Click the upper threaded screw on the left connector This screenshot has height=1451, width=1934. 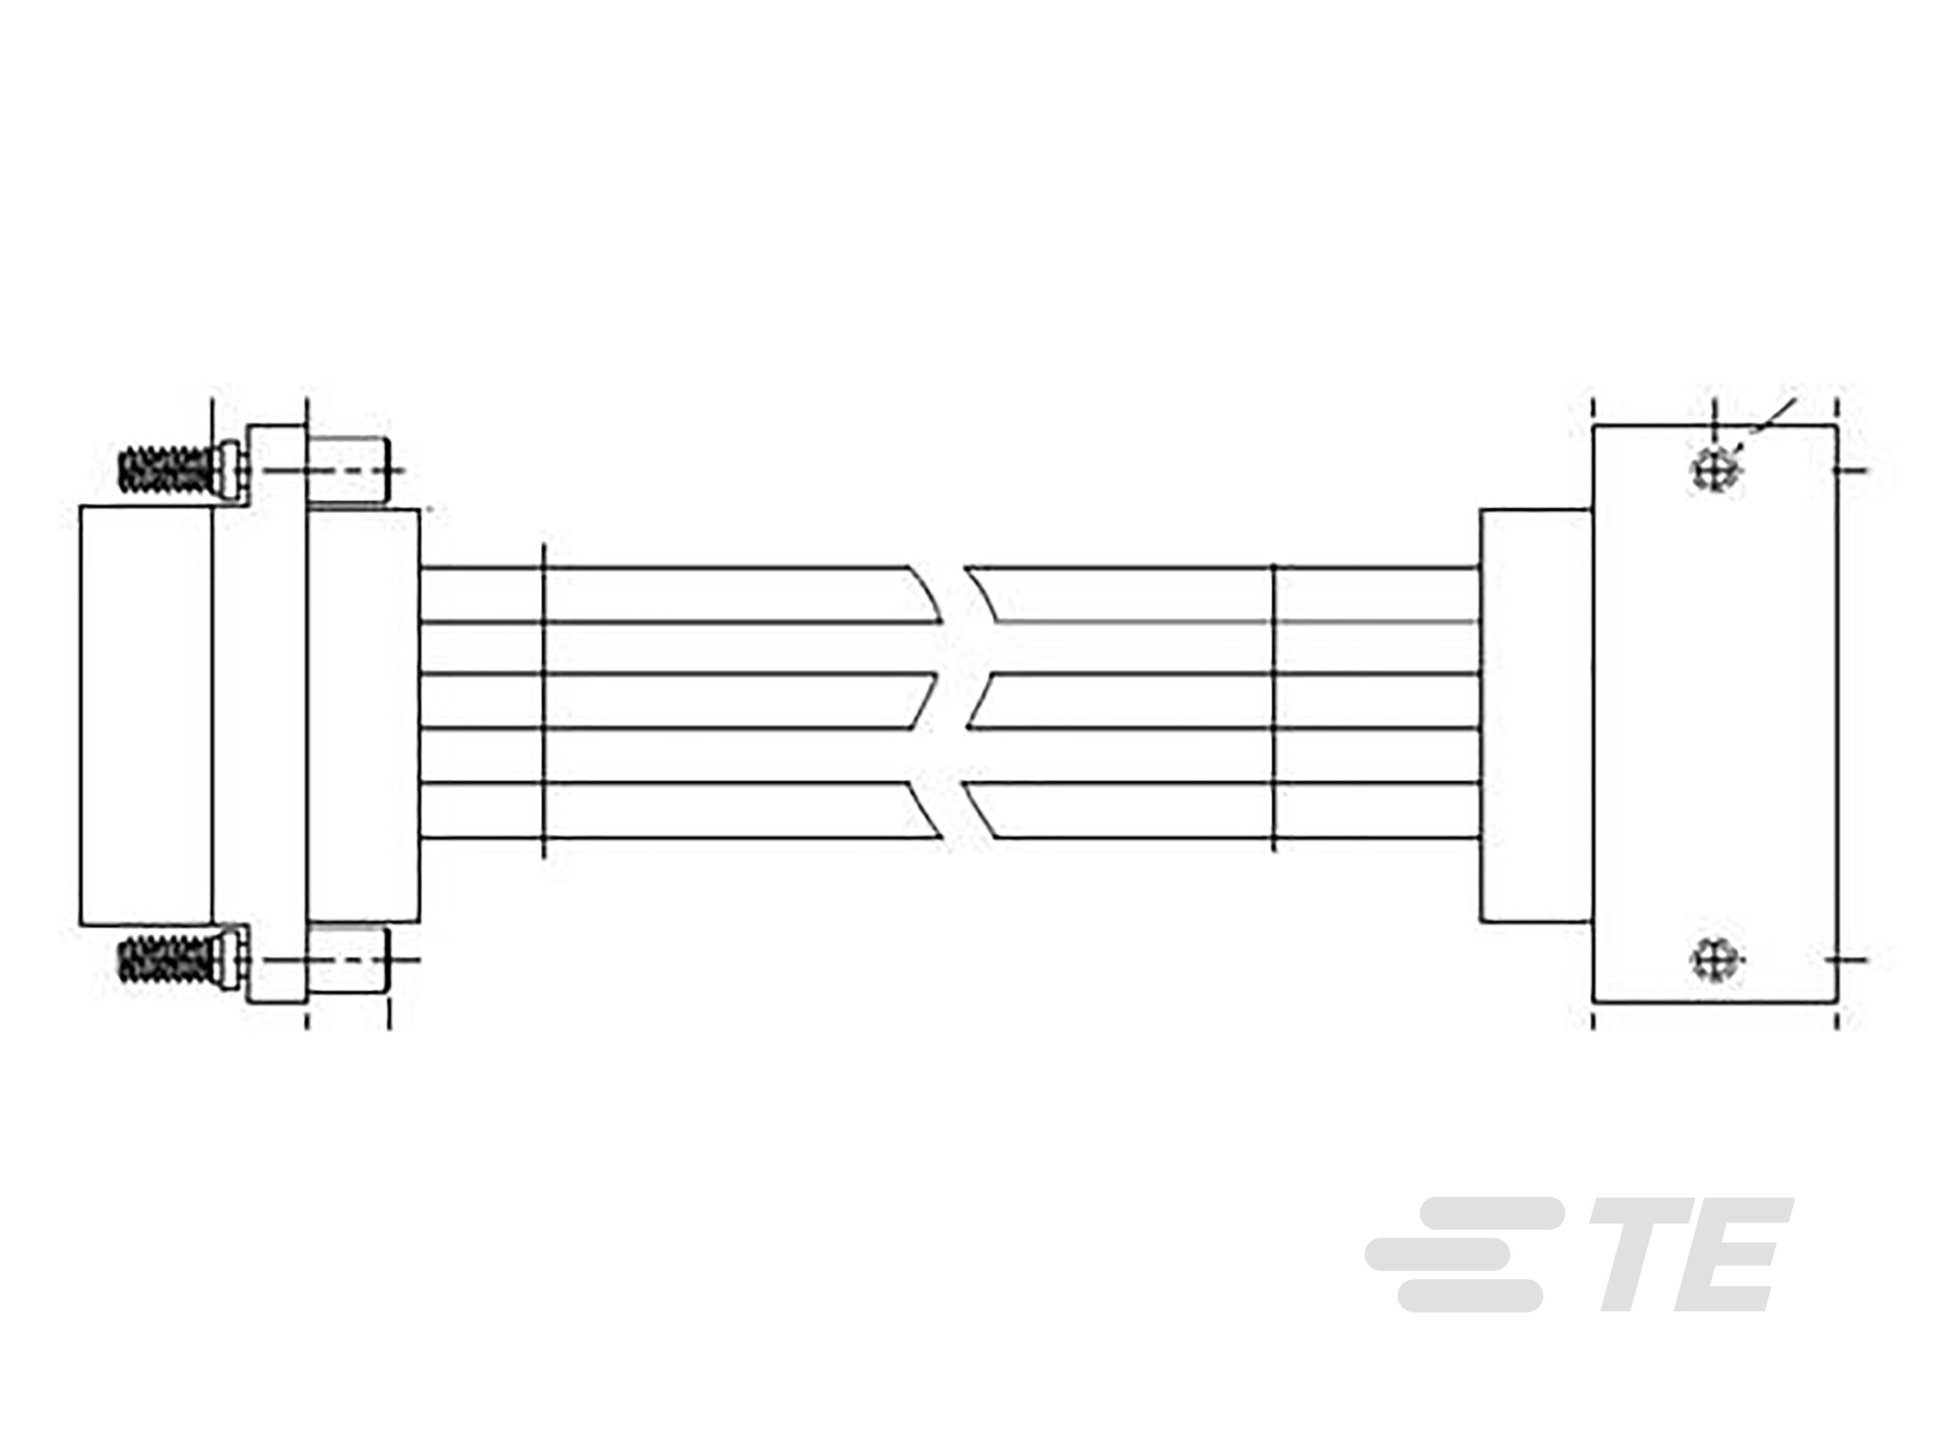(x=166, y=470)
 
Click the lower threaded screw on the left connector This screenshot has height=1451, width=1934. (x=166, y=959)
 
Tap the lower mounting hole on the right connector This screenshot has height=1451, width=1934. (x=1716, y=959)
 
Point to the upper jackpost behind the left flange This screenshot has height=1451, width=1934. (x=349, y=470)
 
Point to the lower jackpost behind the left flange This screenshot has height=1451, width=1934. (x=349, y=959)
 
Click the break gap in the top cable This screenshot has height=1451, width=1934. (x=953, y=595)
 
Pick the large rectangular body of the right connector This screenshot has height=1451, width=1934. (x=1714, y=713)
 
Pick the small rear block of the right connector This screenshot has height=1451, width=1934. (x=1535, y=713)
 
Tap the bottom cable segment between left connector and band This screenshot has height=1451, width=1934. (x=481, y=810)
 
